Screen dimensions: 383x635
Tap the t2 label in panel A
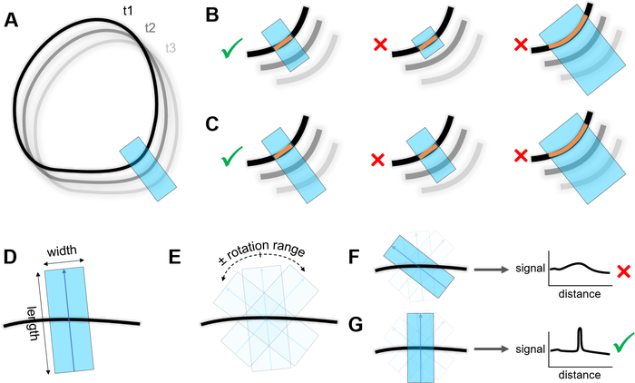point(151,28)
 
